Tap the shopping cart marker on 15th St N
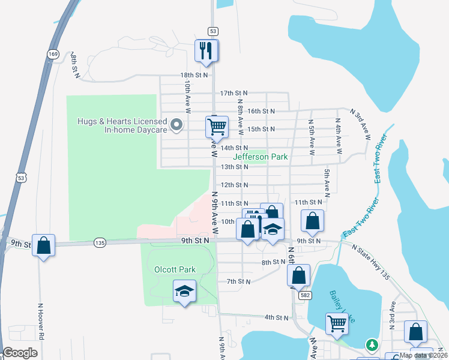coord(217,127)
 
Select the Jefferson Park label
coord(261,157)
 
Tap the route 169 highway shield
coord(52,54)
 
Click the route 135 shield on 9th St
coord(100,242)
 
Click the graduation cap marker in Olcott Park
coord(185,292)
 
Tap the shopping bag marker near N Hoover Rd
coord(43,245)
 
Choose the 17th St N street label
coord(234,94)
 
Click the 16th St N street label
coord(261,111)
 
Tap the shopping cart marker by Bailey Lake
coord(337,323)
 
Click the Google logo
coord(20,352)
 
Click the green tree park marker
coord(372,345)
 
